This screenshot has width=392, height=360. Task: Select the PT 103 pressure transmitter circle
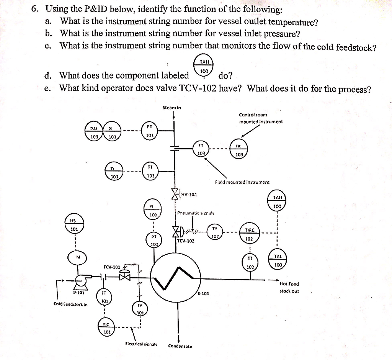tap(150, 131)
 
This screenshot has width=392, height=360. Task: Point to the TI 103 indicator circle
tap(113, 172)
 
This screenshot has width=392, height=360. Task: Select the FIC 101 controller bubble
tap(106, 327)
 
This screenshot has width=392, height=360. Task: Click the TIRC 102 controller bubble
tap(249, 233)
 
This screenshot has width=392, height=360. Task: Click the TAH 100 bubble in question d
tap(204, 67)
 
